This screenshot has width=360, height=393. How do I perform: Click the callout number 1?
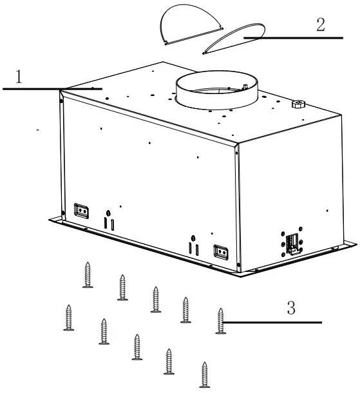click(x=19, y=77)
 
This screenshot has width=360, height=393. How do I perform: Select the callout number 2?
click(x=320, y=26)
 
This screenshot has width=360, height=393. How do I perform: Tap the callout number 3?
click(x=291, y=308)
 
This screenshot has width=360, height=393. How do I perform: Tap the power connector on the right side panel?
click(x=291, y=242)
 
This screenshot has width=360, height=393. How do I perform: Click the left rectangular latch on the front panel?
click(x=81, y=209)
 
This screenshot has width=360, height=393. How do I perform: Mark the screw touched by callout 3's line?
click(x=220, y=320)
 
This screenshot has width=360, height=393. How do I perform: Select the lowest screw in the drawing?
click(x=205, y=374)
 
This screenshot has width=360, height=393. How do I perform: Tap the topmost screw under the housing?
click(x=88, y=275)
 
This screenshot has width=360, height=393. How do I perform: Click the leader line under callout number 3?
click(x=277, y=321)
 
